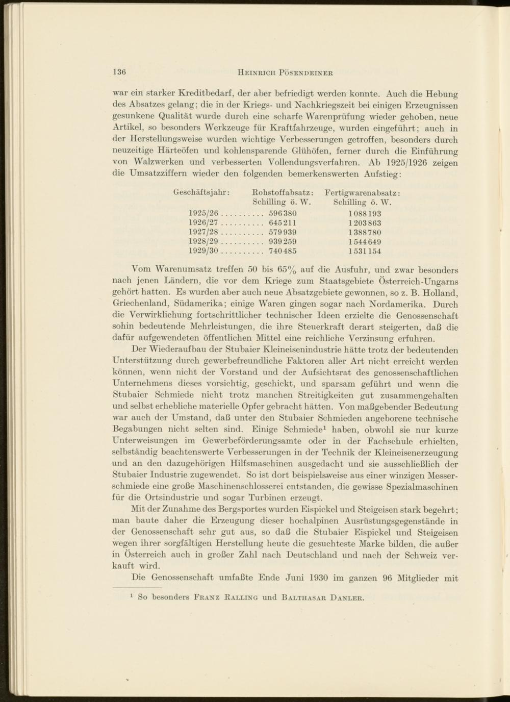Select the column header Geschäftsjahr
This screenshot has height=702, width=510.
[201, 192]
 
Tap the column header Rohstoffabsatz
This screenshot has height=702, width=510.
[283, 192]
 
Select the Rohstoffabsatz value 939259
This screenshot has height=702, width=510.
[283, 242]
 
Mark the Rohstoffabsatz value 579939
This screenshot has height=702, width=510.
[283, 233]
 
